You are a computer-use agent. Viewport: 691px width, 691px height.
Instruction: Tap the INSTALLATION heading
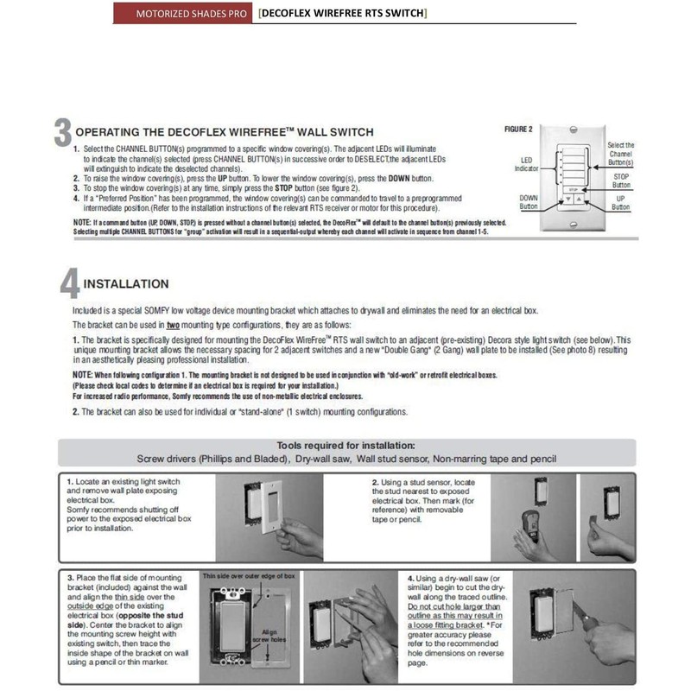(126, 283)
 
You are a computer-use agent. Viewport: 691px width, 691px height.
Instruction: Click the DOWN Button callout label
(529, 202)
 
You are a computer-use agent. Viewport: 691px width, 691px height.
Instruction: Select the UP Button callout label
(621, 202)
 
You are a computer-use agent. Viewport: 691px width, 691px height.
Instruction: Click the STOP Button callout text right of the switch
(621, 181)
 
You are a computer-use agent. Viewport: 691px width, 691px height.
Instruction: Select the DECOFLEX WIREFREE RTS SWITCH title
(343, 13)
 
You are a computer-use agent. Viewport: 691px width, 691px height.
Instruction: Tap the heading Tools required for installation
(345, 445)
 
